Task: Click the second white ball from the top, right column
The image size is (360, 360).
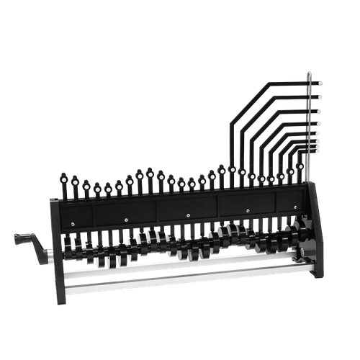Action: click(x=319, y=96)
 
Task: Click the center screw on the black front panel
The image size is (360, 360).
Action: click(x=187, y=215)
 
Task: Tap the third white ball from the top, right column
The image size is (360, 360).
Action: click(x=319, y=111)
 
